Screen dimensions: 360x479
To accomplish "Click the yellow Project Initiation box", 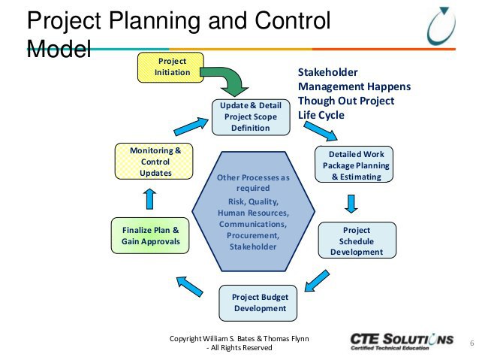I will pyautogui.click(x=172, y=67).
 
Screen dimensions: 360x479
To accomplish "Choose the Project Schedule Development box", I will pyautogui.click(x=356, y=241).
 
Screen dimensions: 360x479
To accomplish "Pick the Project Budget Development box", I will pyautogui.click(x=259, y=302).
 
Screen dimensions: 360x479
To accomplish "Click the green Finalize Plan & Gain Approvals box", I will pyautogui.click(x=150, y=235).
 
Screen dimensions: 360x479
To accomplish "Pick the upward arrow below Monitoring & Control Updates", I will pyautogui.click(x=149, y=198).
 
